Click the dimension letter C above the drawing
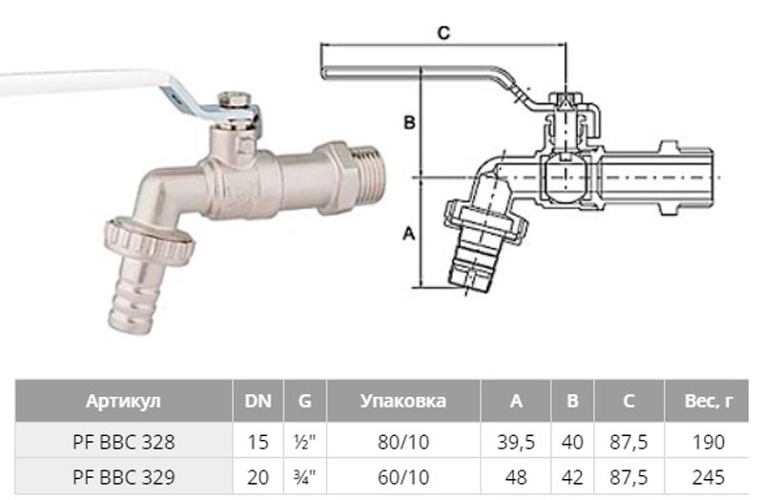coord(443,32)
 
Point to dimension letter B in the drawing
coord(408,122)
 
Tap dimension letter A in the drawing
coord(408,232)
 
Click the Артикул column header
coord(123,401)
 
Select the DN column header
coord(258,401)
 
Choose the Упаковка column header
coord(402,401)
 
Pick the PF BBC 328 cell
coord(123,442)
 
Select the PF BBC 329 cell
coord(123,476)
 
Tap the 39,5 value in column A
coord(516,442)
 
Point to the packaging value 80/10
coord(402,442)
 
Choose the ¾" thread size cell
coord(304,476)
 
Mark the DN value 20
coord(258,476)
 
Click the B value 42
coord(572,476)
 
